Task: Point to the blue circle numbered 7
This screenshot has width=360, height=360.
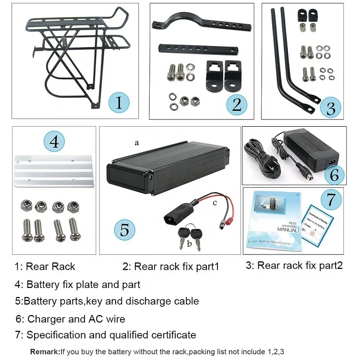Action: pos(331,199)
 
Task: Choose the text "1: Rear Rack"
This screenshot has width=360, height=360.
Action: pos(45,266)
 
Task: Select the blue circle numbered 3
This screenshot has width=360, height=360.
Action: pos(330,108)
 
